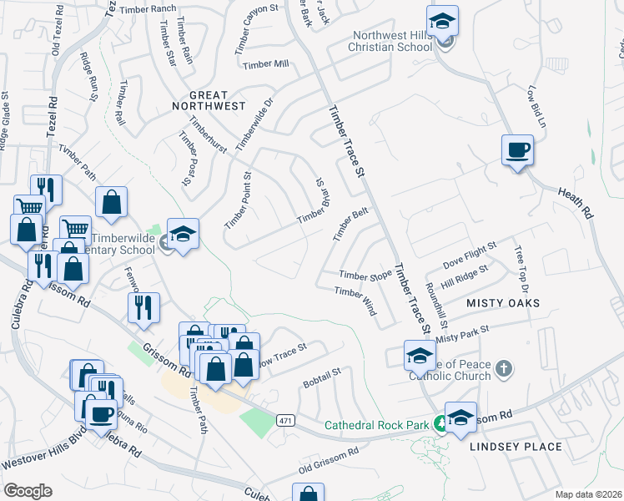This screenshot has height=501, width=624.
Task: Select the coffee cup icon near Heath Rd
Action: click(517, 150)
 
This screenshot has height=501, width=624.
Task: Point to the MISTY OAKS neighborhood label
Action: click(503, 302)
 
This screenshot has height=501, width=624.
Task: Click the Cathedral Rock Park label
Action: click(375, 424)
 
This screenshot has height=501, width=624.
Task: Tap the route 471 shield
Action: click(285, 419)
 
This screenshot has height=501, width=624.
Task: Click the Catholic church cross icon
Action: click(503, 368)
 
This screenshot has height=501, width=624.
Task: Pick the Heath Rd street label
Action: click(576, 201)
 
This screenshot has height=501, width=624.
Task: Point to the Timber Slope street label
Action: click(365, 275)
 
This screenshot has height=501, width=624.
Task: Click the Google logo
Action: click(28, 490)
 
